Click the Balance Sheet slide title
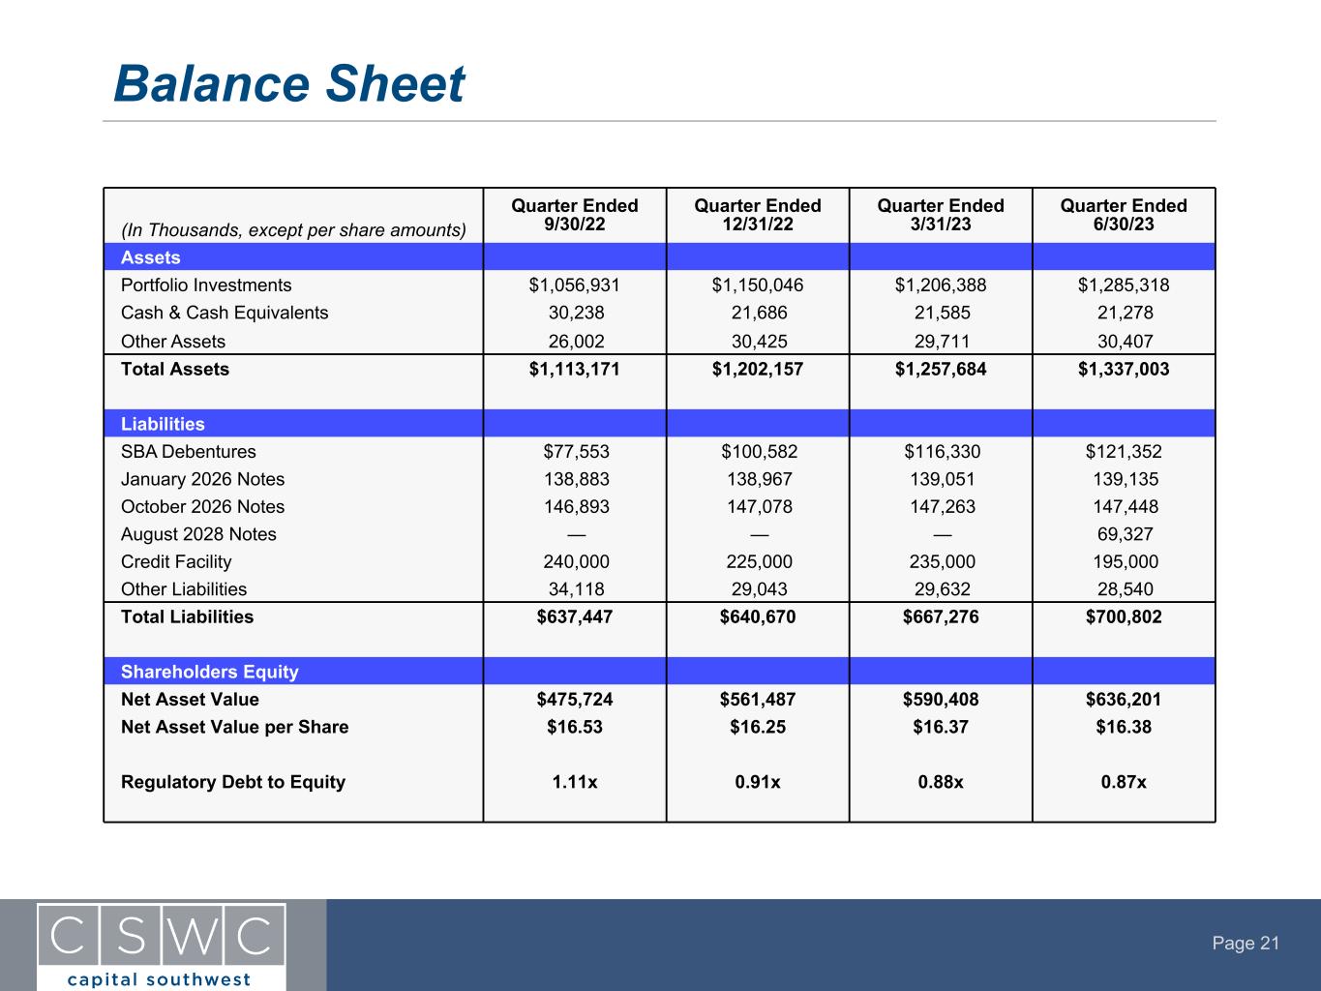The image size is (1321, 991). tap(288, 84)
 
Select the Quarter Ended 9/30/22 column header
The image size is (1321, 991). tap(574, 215)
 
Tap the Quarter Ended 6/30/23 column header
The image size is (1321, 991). tap(1123, 215)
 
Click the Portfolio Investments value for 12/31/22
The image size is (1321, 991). tap(757, 285)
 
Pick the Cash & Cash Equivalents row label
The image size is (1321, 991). tap(225, 313)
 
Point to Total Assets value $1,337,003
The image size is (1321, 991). tap(1123, 369)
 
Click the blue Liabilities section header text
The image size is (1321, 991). tap(163, 424)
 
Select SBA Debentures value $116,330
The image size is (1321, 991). tap(940, 452)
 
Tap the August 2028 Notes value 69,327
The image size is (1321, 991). tap(1123, 534)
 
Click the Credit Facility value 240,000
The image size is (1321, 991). tap(574, 562)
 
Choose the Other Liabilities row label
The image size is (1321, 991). tap(184, 589)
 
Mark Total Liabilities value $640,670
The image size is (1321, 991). tap(757, 617)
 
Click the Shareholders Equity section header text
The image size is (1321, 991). tap(209, 672)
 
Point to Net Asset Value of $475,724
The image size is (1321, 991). tap(574, 700)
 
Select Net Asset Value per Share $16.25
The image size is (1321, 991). tap(757, 727)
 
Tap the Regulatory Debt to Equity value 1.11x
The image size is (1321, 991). tap(574, 782)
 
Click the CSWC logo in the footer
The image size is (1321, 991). tap(162, 945)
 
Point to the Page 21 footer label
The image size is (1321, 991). tap(1246, 944)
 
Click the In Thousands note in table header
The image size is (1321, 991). tap(293, 230)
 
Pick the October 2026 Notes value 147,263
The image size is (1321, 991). tap(940, 507)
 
